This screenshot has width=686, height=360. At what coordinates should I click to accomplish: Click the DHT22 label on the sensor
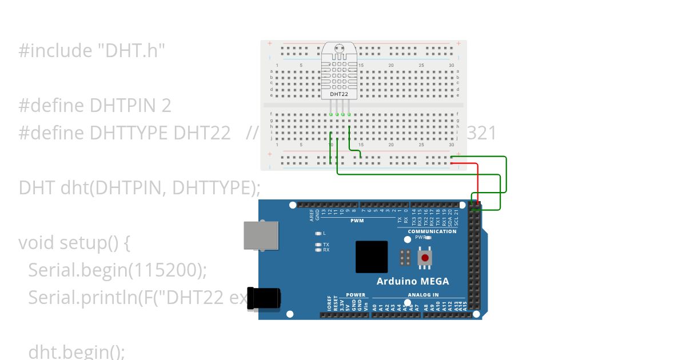pos(339,94)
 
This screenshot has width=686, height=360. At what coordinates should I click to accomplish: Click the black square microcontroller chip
pos(372,257)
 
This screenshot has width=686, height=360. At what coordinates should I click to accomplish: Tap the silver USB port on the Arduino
pos(261,235)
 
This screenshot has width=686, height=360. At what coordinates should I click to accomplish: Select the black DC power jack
pos(264,299)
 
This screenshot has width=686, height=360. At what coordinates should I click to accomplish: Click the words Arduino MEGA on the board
pos(412,281)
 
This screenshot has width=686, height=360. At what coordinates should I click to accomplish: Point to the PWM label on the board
pos(357,221)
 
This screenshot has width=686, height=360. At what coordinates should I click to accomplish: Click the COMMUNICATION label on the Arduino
pos(432,231)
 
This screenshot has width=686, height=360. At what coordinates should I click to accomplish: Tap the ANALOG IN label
pos(423,295)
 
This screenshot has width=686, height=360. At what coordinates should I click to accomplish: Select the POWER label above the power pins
pos(355,295)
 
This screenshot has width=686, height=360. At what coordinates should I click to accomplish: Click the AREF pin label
pos(312,215)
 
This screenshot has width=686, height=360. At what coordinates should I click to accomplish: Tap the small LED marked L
pos(318,233)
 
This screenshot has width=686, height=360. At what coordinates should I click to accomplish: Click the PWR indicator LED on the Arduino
pos(428,237)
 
